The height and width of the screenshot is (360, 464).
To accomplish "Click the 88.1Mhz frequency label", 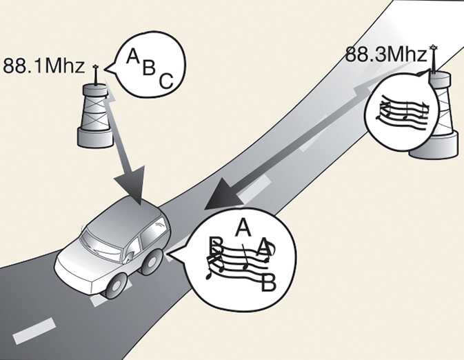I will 43,67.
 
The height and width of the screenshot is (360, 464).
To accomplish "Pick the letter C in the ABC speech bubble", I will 165,81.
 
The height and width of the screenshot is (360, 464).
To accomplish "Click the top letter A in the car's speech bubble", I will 241,226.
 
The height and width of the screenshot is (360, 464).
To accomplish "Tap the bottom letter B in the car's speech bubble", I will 265,283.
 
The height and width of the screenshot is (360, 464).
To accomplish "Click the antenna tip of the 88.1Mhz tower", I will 95,67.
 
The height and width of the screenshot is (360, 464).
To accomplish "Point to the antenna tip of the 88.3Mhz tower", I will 433,47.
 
